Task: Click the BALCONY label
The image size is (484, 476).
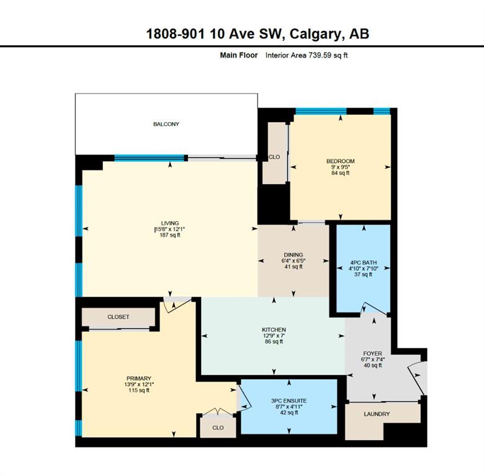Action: pos(166,124)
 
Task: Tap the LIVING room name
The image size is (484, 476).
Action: pos(170,223)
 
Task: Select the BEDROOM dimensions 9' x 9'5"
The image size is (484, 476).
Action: pos(341,167)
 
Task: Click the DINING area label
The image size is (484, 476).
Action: pos(294,255)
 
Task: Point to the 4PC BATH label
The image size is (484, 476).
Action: pos(363,263)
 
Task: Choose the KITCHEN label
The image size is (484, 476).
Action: pos(274,330)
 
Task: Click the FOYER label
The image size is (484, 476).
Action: pos(372,353)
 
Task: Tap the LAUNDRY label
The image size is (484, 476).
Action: pos(377,414)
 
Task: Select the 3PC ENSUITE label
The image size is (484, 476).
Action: pos(289,401)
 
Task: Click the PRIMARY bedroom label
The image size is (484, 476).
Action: pos(139,378)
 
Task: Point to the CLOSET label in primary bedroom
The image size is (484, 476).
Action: pos(119,317)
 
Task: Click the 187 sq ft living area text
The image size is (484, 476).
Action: pos(170,235)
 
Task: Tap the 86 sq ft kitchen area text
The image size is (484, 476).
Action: pos(274,342)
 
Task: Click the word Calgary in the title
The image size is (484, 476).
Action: pos(316,33)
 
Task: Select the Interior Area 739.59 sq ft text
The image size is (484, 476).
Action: pos(307,55)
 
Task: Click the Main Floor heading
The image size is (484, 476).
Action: pos(239,55)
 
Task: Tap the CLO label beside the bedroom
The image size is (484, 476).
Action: pos(274,157)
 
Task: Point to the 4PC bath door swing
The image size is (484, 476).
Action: pos(374,308)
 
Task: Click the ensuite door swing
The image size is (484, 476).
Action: pos(244,397)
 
